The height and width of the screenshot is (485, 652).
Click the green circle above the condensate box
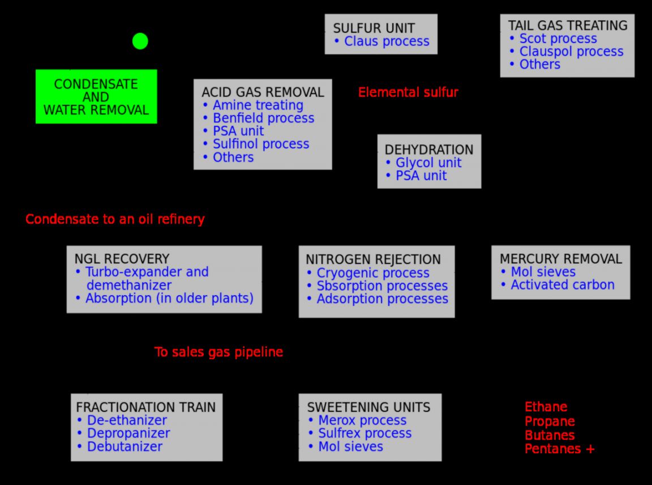pyautogui.click(x=140, y=41)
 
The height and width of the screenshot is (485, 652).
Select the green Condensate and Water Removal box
pyautogui.click(x=96, y=96)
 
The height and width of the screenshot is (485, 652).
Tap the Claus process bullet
pyautogui.click(x=387, y=41)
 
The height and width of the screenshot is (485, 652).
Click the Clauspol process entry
pyautogui.click(x=571, y=52)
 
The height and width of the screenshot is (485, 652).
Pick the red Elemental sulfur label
pyautogui.click(x=408, y=92)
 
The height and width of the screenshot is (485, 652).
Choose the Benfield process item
pyautogui.click(x=263, y=118)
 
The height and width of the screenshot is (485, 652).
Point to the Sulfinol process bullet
pyautogui.click(x=260, y=144)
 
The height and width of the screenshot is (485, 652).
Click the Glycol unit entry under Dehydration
pyautogui.click(x=428, y=163)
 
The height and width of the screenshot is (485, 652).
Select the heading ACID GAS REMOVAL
pyautogui.click(x=263, y=92)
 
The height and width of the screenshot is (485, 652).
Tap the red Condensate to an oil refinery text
pyautogui.click(x=115, y=219)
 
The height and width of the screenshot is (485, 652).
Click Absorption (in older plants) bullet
pyautogui.click(x=169, y=298)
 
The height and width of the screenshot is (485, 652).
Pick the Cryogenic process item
pyautogui.click(x=372, y=273)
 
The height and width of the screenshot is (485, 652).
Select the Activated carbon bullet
pyautogui.click(x=562, y=285)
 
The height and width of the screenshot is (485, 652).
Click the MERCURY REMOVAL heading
pyautogui.click(x=560, y=259)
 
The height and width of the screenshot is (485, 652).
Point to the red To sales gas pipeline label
pyautogui.click(x=218, y=352)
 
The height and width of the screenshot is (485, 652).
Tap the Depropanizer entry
pyautogui.click(x=128, y=433)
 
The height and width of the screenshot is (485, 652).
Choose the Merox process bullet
pyautogui.click(x=362, y=420)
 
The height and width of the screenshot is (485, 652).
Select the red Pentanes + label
pyautogui.click(x=559, y=449)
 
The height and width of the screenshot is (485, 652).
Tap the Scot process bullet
pyautogui.click(x=557, y=39)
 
